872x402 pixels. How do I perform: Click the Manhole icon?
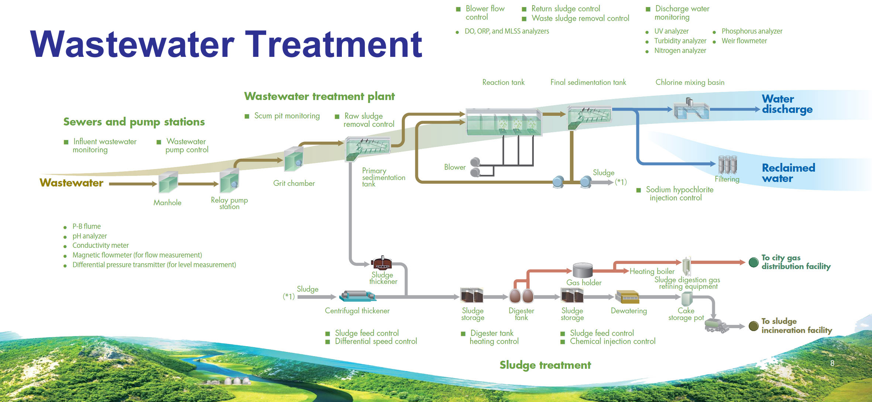point(168,182)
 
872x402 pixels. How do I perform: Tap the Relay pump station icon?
point(229,181)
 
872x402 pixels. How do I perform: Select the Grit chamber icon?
point(294,159)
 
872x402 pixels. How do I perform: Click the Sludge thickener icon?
point(382,263)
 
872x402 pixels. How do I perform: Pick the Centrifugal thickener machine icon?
point(358,296)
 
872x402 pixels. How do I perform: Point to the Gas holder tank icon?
point(583,271)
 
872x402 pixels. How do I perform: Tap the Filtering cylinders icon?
point(727,165)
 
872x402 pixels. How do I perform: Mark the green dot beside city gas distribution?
point(753,262)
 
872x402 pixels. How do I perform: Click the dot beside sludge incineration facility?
point(753,326)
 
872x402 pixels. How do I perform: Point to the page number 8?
point(832,363)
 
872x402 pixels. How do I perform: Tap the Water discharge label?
point(787,104)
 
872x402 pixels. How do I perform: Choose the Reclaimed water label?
point(788,173)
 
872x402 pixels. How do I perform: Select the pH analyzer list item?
point(89,236)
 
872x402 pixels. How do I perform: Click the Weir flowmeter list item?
point(744,41)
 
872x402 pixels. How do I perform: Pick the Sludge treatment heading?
point(545,365)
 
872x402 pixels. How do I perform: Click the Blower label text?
point(455,167)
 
